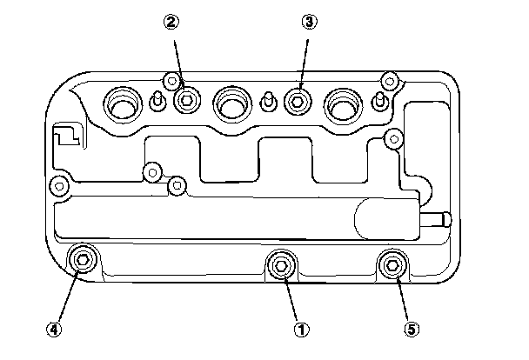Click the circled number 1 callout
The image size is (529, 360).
(302, 330)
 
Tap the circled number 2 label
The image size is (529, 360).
(173, 23)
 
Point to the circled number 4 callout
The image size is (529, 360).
(54, 330)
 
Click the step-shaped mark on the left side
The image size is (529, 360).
(65, 137)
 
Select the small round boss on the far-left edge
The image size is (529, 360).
(59, 185)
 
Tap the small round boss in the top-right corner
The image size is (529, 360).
(389, 82)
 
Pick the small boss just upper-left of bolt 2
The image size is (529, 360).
(172, 83)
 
